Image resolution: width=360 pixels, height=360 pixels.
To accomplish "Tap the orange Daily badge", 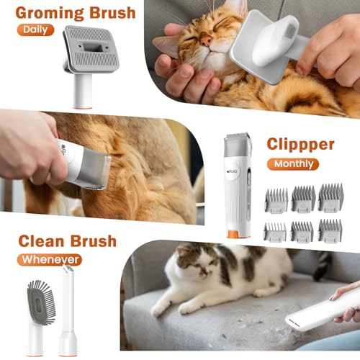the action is pos(35,30).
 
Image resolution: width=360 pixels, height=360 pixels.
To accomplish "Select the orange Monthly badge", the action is pos(293,164).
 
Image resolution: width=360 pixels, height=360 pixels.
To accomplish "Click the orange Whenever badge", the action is pos(50,260).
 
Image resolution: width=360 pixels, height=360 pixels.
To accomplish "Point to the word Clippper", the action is pos(300,145).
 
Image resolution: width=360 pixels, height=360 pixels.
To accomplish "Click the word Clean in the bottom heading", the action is pos(41,241).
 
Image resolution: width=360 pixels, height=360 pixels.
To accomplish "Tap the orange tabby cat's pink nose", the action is pos(206,41).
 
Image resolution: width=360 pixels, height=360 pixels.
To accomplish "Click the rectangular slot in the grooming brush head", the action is pos(91,47).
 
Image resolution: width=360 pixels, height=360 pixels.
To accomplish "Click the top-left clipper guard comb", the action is pos(276,200).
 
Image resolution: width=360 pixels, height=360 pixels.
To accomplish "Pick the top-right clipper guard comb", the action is pos(330,197).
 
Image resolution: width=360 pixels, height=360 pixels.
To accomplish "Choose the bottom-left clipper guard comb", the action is pos(275,232).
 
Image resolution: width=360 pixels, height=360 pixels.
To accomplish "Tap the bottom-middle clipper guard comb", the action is pos(302,231).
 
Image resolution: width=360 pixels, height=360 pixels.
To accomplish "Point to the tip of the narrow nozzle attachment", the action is pos(68,267).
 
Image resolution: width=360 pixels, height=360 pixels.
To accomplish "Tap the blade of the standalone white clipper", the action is pos(236,135).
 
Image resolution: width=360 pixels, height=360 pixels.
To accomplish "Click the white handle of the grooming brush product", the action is pos(83,91).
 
